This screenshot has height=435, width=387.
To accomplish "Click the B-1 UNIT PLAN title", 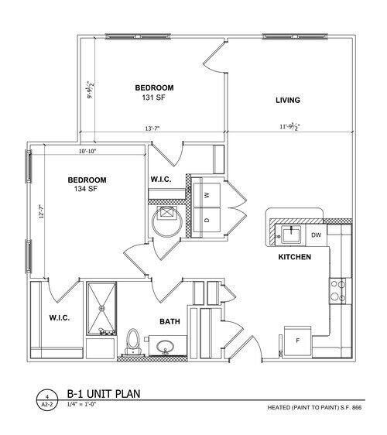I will pyautogui.click(x=103, y=393).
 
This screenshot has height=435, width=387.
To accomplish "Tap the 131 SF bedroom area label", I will pyautogui.click(x=153, y=98).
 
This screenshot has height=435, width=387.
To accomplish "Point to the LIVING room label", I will pyautogui.click(x=287, y=101).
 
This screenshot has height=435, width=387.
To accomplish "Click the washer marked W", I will pyautogui.click(x=207, y=195).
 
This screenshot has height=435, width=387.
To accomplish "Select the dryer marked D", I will pyautogui.click(x=207, y=220).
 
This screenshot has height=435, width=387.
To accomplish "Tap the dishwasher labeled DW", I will pyautogui.click(x=316, y=235).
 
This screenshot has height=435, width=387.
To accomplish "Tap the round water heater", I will pyautogui.click(x=166, y=220).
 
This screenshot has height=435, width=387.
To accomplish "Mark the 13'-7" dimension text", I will pyautogui.click(x=152, y=128).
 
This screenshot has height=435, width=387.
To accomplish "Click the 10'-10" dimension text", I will pyautogui.click(x=89, y=151).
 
